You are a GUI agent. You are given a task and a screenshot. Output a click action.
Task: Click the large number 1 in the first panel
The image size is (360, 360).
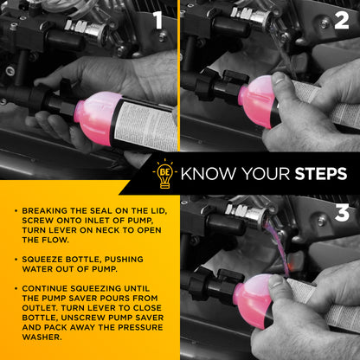pos(157,20)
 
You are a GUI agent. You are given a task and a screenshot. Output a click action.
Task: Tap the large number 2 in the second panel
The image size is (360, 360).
pos(342,21)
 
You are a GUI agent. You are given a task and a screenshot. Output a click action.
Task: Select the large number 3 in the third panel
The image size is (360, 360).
pos(342,213)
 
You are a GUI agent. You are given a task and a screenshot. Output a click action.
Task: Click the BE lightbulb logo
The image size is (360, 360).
pos(164,174)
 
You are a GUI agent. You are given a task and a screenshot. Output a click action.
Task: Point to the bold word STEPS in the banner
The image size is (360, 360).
pos(321,174)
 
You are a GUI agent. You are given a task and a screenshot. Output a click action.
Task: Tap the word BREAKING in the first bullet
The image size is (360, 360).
pos(45,211)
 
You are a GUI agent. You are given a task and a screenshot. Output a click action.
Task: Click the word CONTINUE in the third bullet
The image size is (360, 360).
pos(45,288)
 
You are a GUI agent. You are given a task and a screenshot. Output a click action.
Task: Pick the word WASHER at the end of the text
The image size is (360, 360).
pos(42,337)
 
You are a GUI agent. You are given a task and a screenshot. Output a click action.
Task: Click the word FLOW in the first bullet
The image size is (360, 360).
pos(55,240)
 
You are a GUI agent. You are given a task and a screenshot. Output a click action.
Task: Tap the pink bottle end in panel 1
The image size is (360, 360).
pos(97,119)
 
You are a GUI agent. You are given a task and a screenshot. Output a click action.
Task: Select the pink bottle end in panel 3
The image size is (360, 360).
pos(252,300)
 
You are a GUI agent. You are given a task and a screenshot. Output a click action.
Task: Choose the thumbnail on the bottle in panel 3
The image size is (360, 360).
pos(276,280)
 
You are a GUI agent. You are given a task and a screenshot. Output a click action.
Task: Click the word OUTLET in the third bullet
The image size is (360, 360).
pos(39,308)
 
